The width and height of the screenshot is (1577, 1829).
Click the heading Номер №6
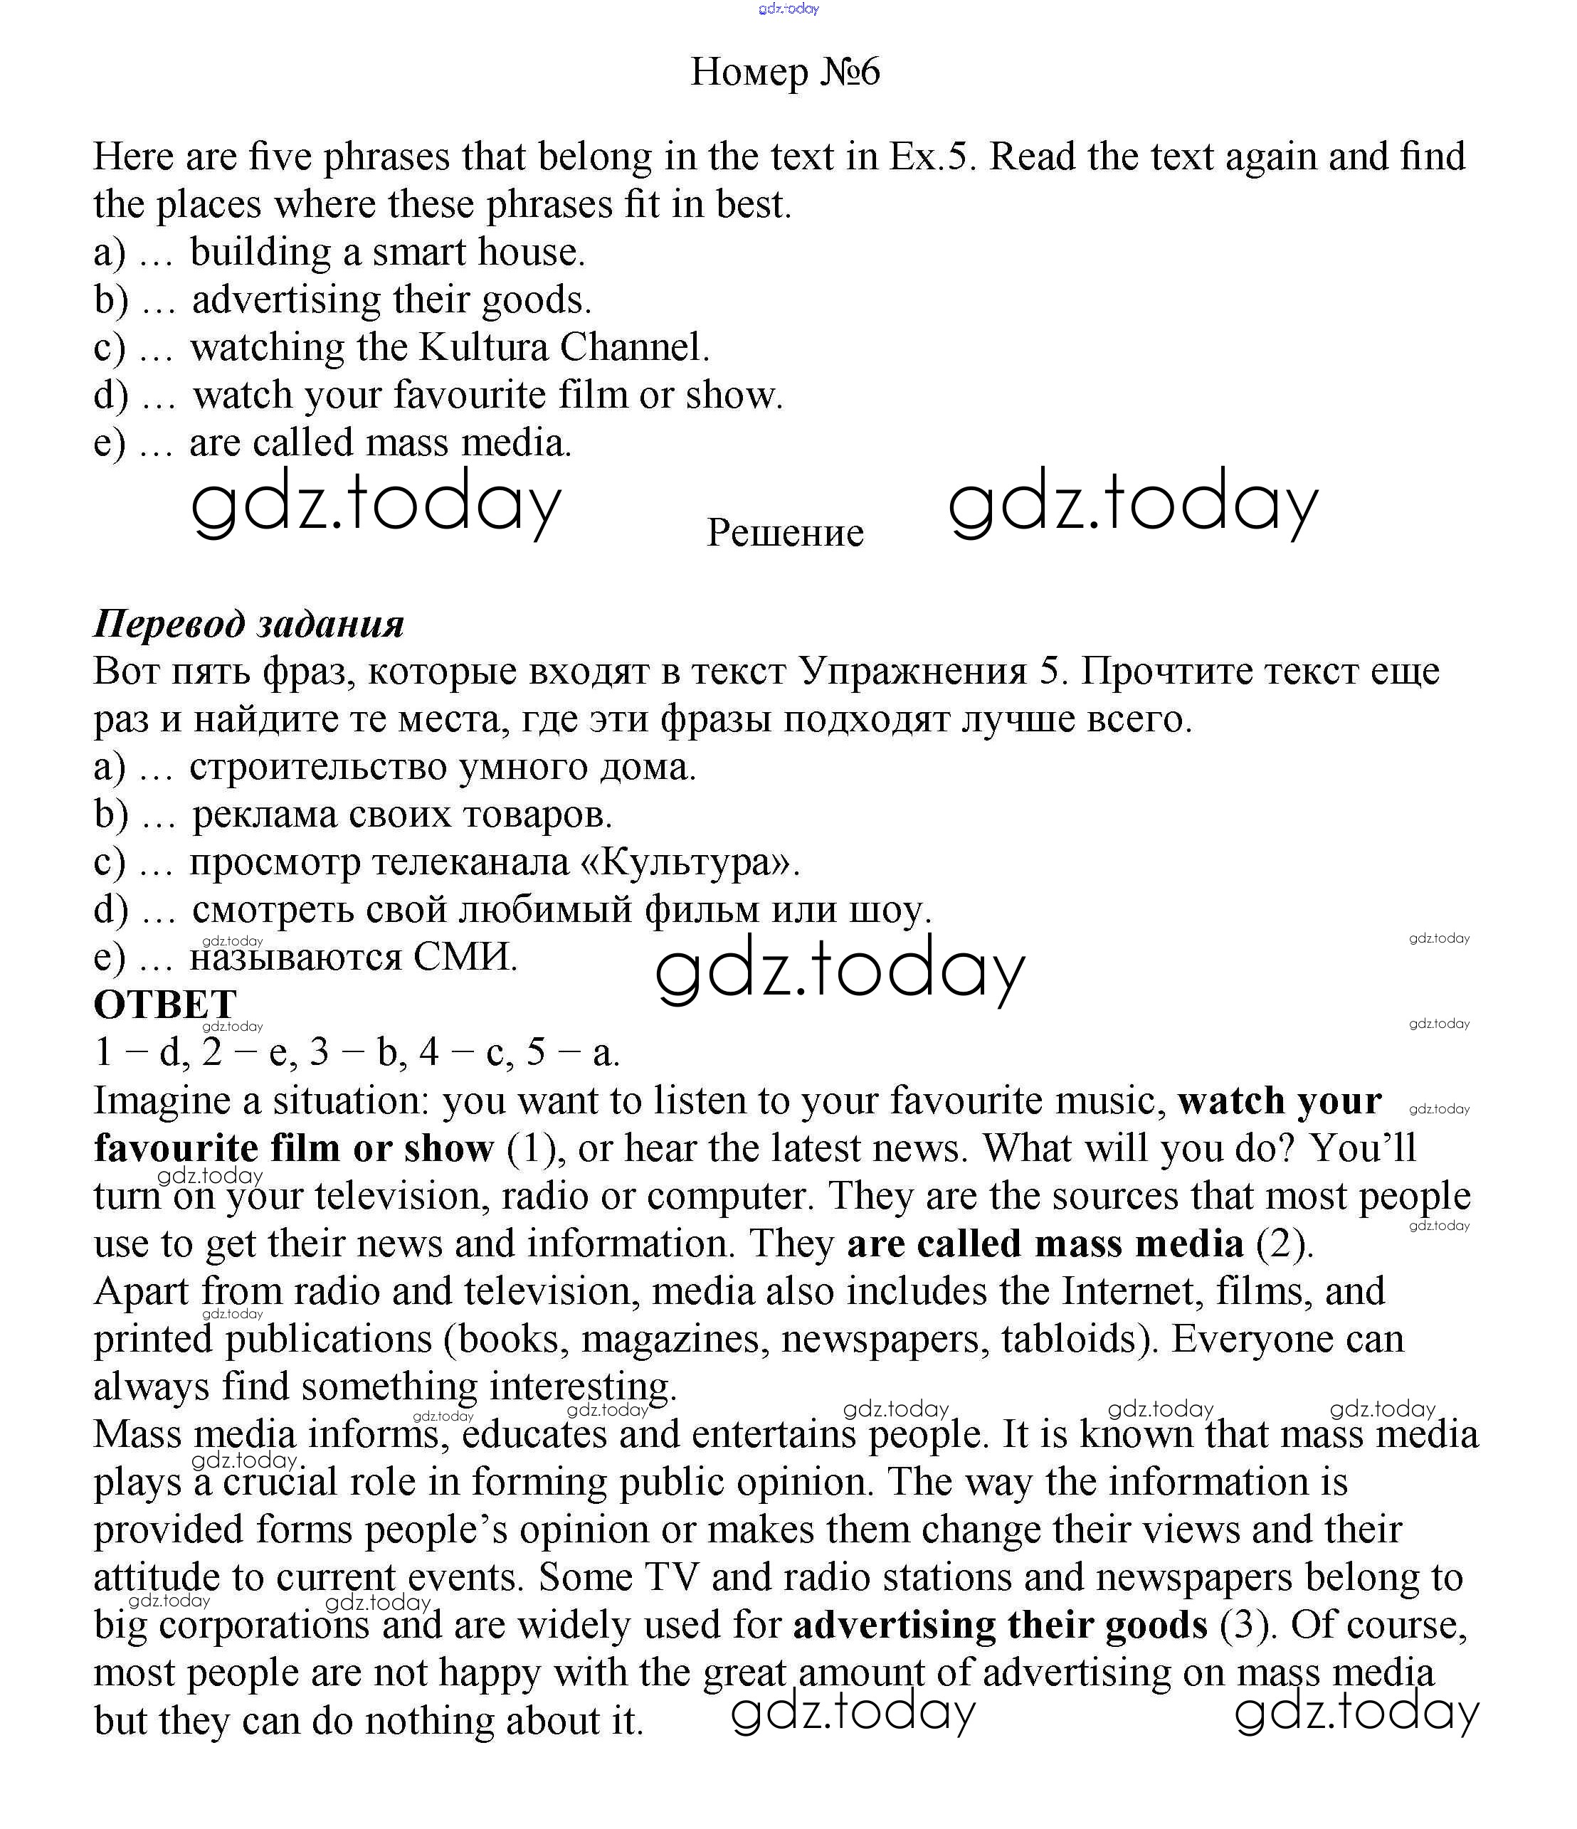(x=785, y=73)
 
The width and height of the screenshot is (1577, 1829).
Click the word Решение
(x=785, y=533)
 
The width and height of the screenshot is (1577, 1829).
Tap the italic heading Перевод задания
(x=249, y=624)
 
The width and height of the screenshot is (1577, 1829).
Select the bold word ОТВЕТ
(x=165, y=1004)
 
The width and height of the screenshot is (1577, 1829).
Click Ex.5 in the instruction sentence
(x=932, y=157)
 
